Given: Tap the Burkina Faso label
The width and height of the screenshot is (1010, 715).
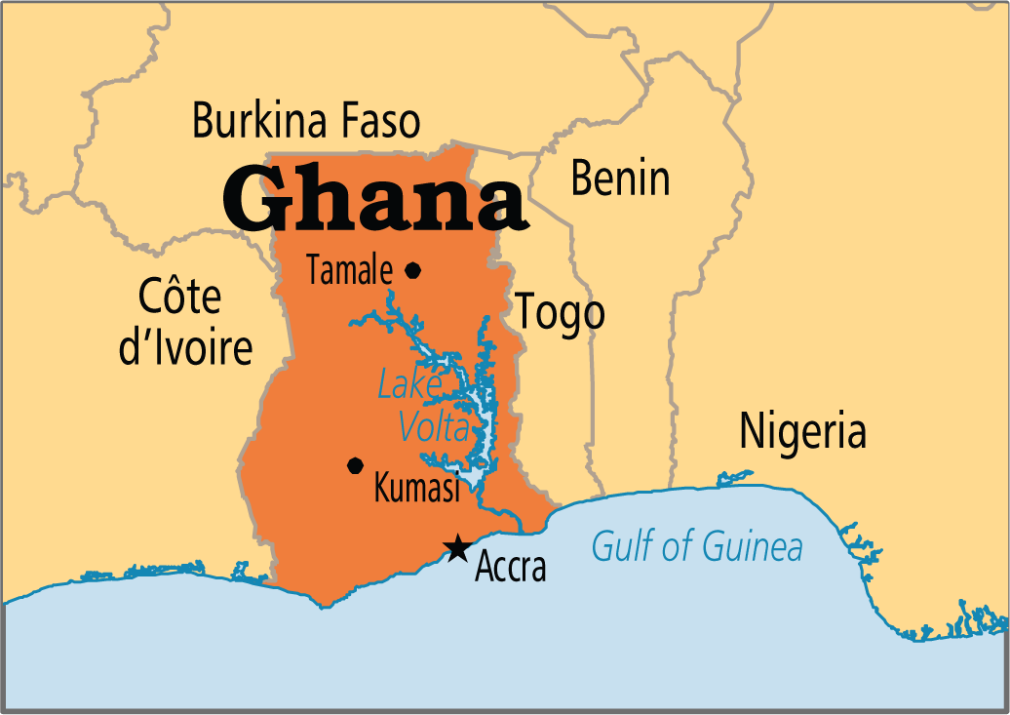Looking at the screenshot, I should click(x=306, y=122).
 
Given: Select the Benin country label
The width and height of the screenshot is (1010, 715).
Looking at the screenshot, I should click(x=620, y=179).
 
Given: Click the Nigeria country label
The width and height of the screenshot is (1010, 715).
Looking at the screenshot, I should click(x=802, y=431).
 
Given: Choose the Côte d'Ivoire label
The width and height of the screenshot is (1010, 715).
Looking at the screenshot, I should click(x=184, y=322).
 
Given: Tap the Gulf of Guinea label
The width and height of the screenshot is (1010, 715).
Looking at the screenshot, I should click(x=697, y=547).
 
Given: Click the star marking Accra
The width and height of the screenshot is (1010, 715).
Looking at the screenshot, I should click(x=455, y=549).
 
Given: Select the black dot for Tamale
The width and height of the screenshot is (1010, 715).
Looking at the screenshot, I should click(x=413, y=270).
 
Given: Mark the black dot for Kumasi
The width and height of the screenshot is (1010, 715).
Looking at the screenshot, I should click(x=355, y=465).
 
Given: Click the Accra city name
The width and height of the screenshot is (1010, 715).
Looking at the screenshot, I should click(x=510, y=568).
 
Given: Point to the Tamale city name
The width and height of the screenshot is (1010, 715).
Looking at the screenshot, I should click(x=350, y=271).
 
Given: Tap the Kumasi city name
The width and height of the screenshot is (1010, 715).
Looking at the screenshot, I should click(x=416, y=490).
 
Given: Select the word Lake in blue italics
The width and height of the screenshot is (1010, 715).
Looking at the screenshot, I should click(x=409, y=385).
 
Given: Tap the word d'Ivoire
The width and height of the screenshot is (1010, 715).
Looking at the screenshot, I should click(x=185, y=347).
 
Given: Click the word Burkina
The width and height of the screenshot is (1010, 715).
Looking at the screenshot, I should click(x=251, y=122).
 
